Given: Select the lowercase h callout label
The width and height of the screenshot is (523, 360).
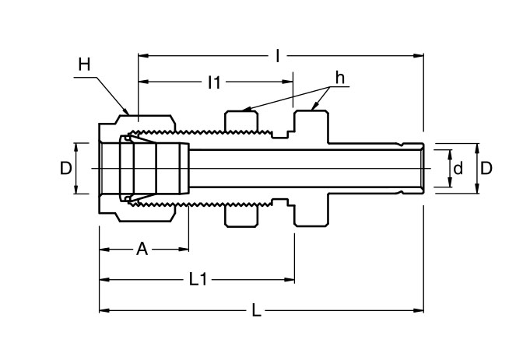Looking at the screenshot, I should click(340, 78).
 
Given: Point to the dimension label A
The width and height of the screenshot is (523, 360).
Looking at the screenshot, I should click(142, 249).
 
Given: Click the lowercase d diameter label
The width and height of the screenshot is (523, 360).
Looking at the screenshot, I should click(458, 168).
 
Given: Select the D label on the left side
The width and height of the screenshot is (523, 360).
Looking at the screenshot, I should click(66, 168).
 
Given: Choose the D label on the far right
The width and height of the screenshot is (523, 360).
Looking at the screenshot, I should click(486, 168).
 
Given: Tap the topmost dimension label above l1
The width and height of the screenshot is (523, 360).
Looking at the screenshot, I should click(278, 55).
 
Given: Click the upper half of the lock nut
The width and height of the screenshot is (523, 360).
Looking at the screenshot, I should click(242, 123).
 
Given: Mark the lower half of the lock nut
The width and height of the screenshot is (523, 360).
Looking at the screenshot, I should click(242, 215).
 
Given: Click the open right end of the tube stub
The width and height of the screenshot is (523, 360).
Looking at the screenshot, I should click(423, 168).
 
